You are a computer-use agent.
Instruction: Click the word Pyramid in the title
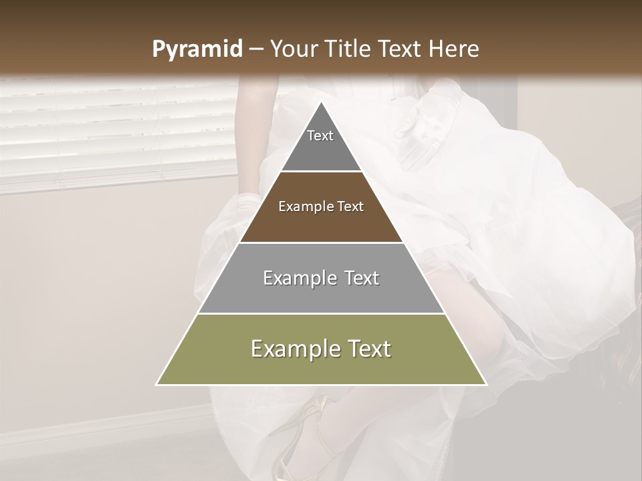(197, 49)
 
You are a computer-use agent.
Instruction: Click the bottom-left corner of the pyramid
(157, 384)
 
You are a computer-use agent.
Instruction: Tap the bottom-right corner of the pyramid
(486, 384)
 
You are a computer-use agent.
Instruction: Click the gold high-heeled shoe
(301, 434)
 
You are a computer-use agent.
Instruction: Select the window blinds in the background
(114, 130)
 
